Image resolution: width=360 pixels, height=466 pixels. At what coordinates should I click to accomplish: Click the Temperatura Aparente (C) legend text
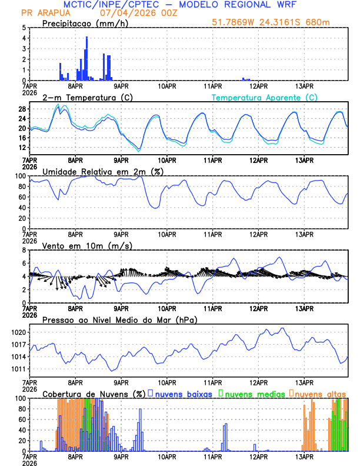pyautogui.click(x=265, y=97)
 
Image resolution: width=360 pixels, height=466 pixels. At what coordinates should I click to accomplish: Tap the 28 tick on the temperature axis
pyautogui.click(x=21, y=109)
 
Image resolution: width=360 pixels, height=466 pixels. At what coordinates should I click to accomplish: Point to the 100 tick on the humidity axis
pyautogui.click(x=19, y=176)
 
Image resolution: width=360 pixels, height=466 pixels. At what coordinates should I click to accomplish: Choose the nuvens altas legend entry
pyautogui.click(x=320, y=394)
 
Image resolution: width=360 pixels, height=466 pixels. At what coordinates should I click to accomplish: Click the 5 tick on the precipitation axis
pyautogui.click(x=23, y=28)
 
